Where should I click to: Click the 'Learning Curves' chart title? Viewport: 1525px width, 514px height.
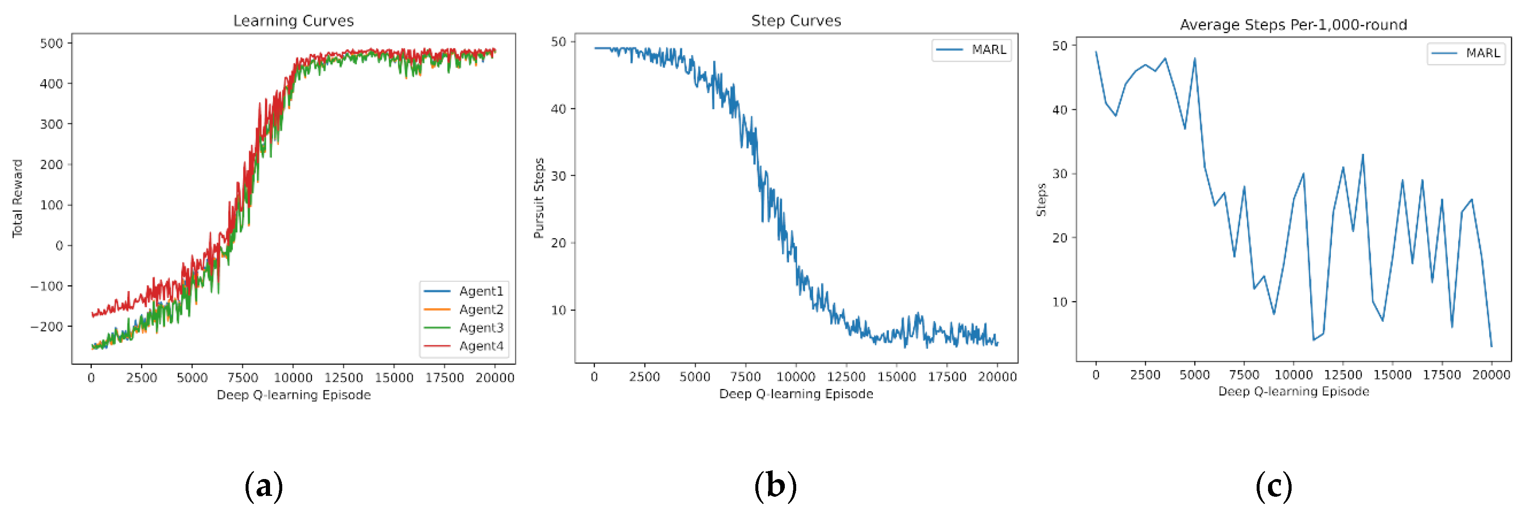tap(293, 21)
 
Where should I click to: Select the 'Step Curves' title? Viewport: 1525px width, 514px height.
tap(796, 21)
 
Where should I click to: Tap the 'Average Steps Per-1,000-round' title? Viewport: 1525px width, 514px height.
tap(1293, 25)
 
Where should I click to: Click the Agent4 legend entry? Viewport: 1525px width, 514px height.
tap(481, 346)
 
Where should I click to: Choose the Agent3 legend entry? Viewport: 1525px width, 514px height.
tap(481, 327)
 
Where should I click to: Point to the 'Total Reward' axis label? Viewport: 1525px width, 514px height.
tap(17, 198)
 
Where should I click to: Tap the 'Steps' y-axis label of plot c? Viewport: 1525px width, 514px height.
tap(1041, 200)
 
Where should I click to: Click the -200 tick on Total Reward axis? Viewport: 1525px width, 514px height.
tap(47, 326)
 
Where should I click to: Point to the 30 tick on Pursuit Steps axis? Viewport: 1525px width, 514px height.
tap(558, 176)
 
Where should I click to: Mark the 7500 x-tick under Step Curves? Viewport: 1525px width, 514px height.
tap(745, 377)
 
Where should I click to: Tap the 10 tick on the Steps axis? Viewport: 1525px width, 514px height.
tap(1059, 302)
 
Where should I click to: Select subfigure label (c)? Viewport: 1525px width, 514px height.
tap(1274, 486)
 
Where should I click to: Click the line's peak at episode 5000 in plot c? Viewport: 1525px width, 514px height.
tap(1195, 58)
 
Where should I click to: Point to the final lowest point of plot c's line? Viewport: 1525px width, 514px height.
tap(1491, 346)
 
